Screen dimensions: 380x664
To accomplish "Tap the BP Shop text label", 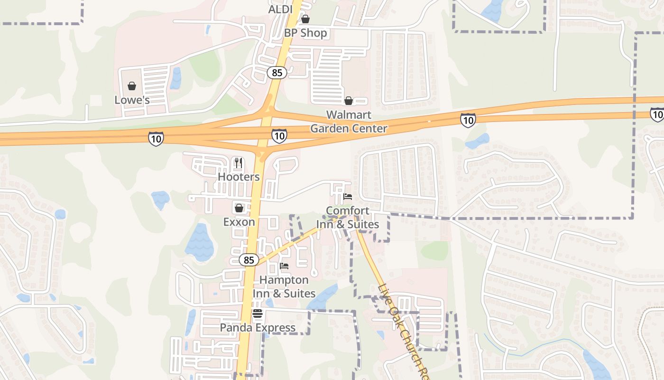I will click(x=305, y=33).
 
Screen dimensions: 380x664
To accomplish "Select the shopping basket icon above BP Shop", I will click(x=305, y=19).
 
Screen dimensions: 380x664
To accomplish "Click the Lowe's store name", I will click(x=132, y=100).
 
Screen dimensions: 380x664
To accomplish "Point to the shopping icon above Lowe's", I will click(x=132, y=86).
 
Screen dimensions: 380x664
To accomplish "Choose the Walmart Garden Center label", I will click(x=349, y=122).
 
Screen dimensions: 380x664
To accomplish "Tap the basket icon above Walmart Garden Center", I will click(x=349, y=101).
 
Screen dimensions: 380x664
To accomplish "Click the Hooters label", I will click(x=239, y=177).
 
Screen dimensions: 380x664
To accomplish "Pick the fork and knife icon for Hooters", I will click(x=239, y=163).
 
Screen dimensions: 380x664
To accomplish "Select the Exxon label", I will click(x=239, y=222).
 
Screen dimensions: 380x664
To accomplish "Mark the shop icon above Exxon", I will click(x=239, y=208).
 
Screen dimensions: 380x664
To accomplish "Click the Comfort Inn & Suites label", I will click(x=348, y=217).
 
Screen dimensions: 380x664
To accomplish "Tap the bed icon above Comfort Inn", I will click(x=348, y=196).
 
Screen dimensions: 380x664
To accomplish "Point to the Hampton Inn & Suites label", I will click(x=284, y=286).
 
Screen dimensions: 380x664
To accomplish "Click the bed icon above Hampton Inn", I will click(x=284, y=266).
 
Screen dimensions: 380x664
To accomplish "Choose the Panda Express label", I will click(x=258, y=327).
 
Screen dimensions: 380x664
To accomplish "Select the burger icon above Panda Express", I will click(x=258, y=313).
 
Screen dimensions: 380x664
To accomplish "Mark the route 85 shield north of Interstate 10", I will click(x=277, y=73).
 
